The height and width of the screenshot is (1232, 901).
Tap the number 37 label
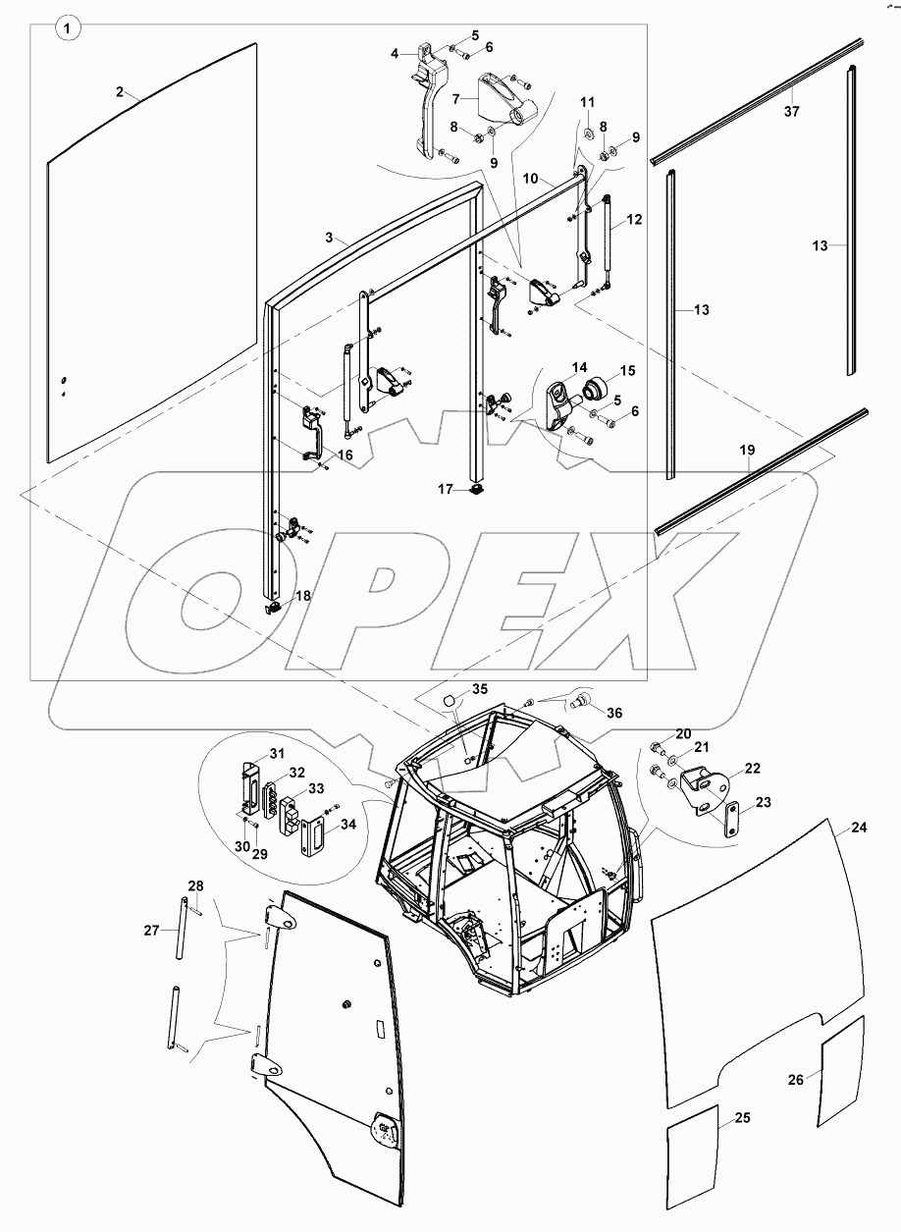pyautogui.click(x=791, y=112)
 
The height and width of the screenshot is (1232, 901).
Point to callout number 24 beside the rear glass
pyautogui.click(x=859, y=828)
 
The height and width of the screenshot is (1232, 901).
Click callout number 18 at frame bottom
pyautogui.click(x=302, y=596)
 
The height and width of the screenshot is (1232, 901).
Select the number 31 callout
pyautogui.click(x=277, y=753)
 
